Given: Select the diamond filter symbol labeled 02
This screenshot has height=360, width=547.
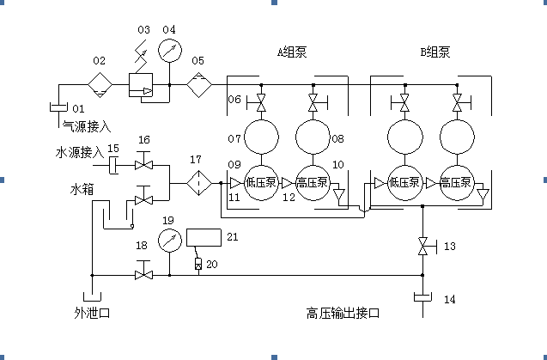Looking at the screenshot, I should [x=100, y=86].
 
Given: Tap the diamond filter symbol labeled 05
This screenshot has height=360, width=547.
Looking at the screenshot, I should [x=199, y=86].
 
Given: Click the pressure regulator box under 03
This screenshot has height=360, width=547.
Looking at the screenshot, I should [x=139, y=86].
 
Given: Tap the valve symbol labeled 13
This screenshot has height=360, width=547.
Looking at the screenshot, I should [x=422, y=247].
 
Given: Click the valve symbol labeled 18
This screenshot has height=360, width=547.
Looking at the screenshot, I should [x=143, y=274].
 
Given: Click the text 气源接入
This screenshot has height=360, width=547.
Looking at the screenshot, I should [x=87, y=126].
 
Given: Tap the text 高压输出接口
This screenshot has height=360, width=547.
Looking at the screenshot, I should [x=343, y=313].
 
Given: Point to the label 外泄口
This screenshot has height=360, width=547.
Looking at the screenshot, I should [x=92, y=313].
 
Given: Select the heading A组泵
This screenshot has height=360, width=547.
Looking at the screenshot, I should [x=291, y=52].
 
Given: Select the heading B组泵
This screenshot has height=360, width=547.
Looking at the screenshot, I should [x=435, y=52].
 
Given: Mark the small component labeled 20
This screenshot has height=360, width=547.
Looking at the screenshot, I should [x=198, y=263].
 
